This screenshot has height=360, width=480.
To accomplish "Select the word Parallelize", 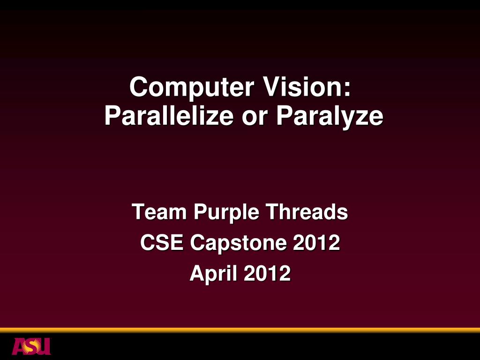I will pyautogui.click(x=169, y=116).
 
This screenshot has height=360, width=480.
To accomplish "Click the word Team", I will pyautogui.click(x=159, y=212).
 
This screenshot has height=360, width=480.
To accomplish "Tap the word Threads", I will pyautogui.click(x=307, y=212).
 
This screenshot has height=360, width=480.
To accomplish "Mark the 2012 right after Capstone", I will pyautogui.click(x=316, y=243).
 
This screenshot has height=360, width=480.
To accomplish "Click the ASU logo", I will pyautogui.click(x=31, y=346).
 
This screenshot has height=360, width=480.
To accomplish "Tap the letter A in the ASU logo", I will pyautogui.click(x=19, y=346).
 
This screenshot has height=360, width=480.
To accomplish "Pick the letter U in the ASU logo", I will pyautogui.click(x=44, y=346).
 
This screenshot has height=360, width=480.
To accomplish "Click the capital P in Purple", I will pyautogui.click(x=200, y=212).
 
